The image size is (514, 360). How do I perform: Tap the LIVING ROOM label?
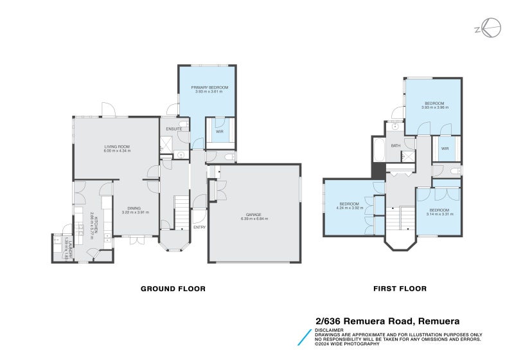click(x=118, y=147)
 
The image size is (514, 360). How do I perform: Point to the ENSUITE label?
click(x=174, y=129)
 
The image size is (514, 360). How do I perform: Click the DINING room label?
click(x=134, y=208)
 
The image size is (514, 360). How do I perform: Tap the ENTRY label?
click(x=200, y=226)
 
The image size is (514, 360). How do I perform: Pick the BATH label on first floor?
click(x=396, y=145)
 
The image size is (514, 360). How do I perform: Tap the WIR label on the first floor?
click(x=444, y=148)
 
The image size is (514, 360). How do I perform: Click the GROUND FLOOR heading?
click(x=173, y=289)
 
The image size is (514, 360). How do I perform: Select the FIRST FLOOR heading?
click(x=400, y=289)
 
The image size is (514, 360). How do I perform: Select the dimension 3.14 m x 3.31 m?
click(x=439, y=214)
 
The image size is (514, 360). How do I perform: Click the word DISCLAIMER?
click(x=329, y=330)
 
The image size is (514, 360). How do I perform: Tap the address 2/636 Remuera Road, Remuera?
click(x=387, y=320)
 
